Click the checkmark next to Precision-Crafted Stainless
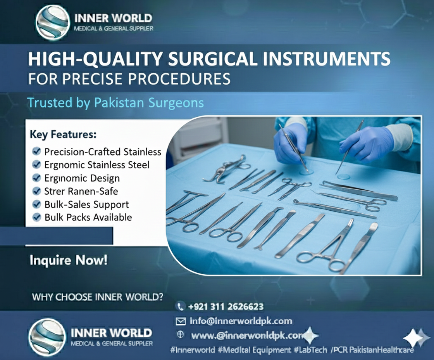36,151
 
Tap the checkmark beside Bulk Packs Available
37,217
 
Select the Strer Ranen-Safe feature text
81,191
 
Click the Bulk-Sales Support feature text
86,204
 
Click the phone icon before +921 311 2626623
180,307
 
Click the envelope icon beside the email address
180,321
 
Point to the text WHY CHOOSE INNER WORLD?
97,297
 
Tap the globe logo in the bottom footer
47,337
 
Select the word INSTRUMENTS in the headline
325,60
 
